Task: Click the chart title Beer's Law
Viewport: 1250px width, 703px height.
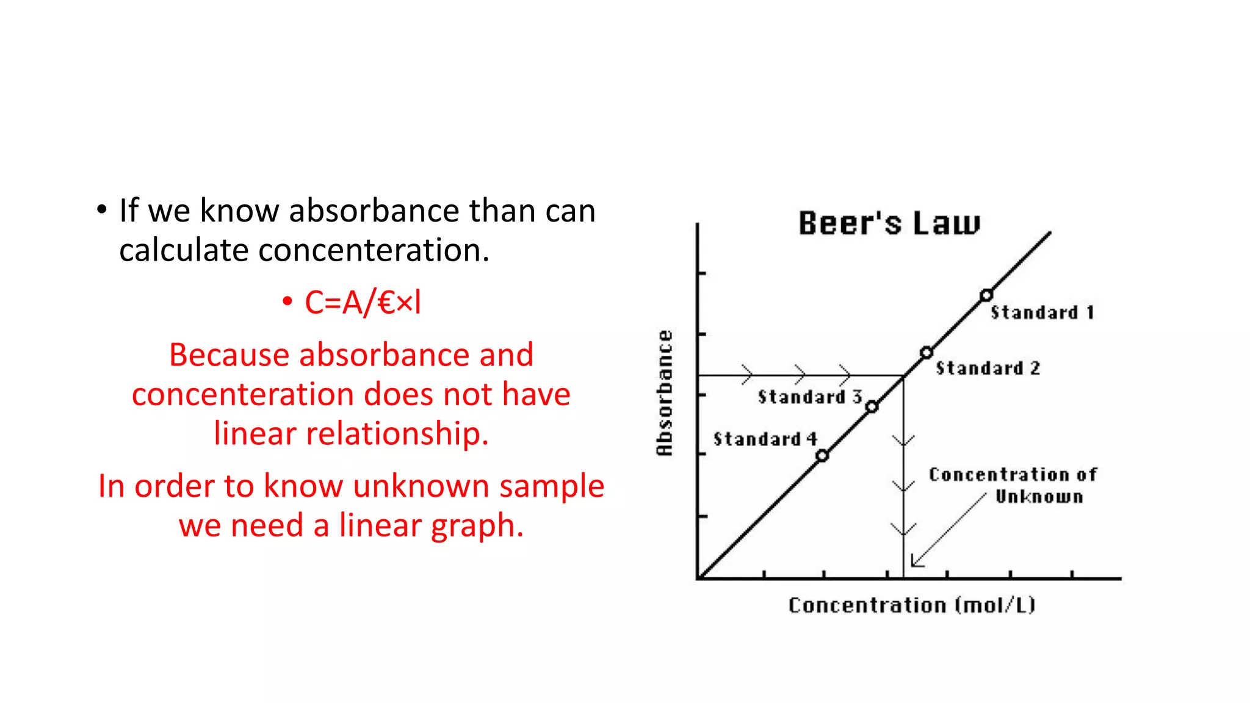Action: coord(889,223)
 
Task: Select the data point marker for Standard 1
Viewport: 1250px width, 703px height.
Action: coord(986,296)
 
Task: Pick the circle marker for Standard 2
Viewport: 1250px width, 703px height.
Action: coord(927,353)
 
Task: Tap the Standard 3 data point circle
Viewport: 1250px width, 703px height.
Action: coord(872,406)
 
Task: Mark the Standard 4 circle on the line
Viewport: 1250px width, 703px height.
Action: coord(822,456)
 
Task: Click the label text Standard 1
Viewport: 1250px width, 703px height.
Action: coord(1042,313)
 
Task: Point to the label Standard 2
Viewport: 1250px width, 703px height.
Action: coord(988,369)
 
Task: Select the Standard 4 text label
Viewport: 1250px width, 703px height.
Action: coord(765,439)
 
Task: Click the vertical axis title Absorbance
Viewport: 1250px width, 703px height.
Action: coord(665,393)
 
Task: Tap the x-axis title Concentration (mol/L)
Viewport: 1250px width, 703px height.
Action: coord(912,605)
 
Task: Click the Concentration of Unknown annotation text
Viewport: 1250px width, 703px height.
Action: coord(1013,485)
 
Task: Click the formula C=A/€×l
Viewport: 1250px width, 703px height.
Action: coord(363,303)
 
